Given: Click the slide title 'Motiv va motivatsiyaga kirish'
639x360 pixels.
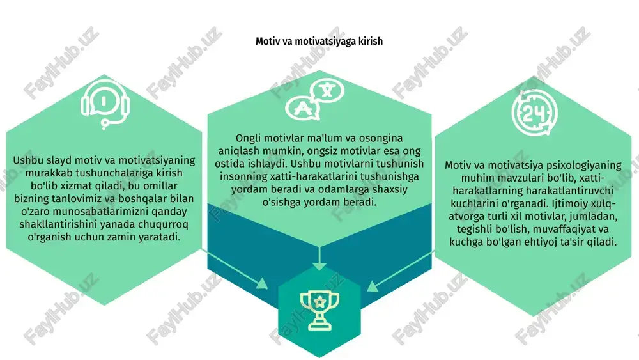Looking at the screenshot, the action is coord(319,41).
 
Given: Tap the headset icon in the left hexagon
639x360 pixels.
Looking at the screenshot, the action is coord(105,106).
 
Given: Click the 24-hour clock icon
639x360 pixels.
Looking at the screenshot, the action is coord(535,113).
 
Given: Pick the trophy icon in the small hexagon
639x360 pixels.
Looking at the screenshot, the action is coord(319,309).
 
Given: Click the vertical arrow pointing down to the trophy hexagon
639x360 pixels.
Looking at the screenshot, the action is coord(319,258).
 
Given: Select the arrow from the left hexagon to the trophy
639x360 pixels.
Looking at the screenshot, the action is coord(235,269).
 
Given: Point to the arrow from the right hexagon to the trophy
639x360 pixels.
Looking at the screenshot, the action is coord(401,271).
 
